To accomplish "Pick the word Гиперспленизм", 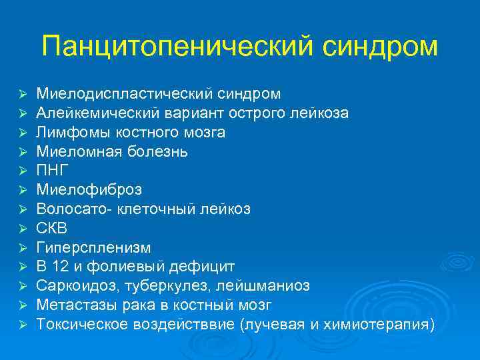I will click(x=93, y=247).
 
